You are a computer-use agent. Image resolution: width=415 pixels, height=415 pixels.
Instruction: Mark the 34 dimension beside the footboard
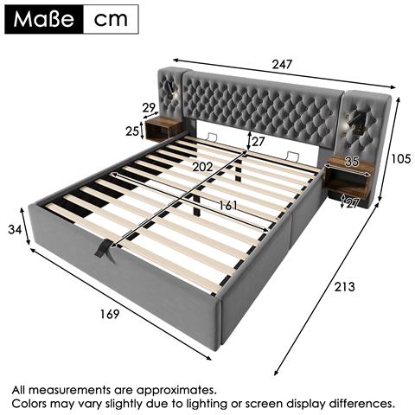pos(14,229)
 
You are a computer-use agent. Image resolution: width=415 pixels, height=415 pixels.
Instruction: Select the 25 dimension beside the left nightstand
pos(132,131)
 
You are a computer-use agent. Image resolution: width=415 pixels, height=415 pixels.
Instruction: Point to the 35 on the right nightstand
pos(350,161)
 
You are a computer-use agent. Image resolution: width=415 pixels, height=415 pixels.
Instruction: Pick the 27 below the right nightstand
pos(353,204)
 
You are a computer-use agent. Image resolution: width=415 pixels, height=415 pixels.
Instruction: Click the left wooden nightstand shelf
pos(163,130)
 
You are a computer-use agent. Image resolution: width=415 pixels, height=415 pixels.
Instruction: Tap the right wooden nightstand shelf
pos(349,177)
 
